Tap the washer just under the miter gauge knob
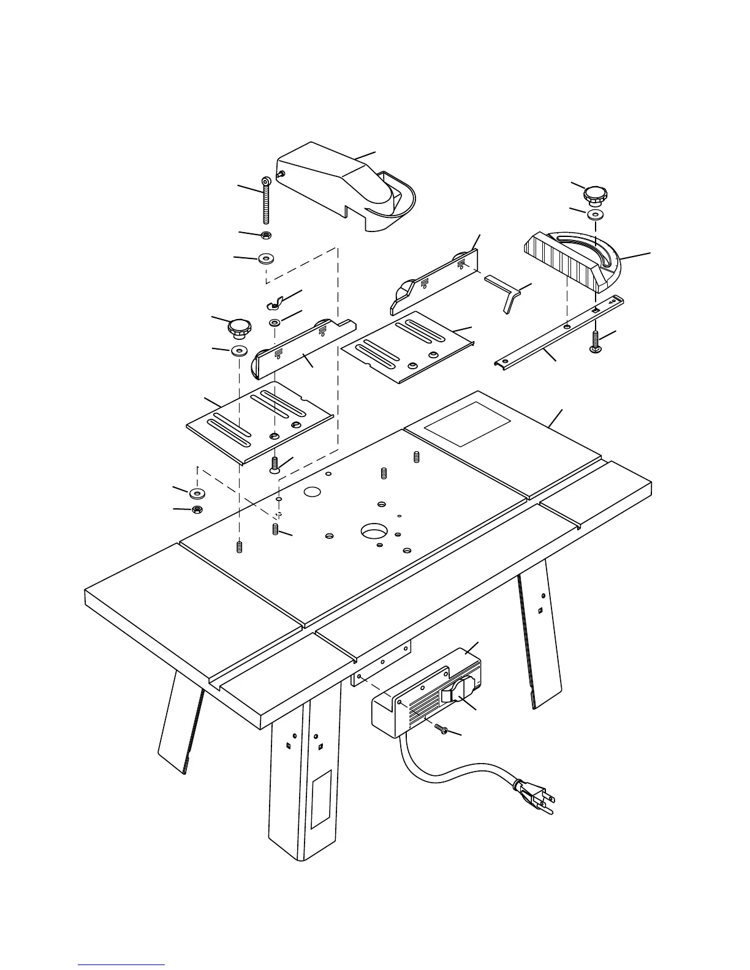tap(594, 215)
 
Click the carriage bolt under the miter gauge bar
tap(596, 340)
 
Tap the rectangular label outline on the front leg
tap(321, 799)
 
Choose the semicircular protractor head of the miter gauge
tap(607, 263)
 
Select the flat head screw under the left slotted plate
tap(275, 467)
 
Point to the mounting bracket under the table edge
tap(380, 664)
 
